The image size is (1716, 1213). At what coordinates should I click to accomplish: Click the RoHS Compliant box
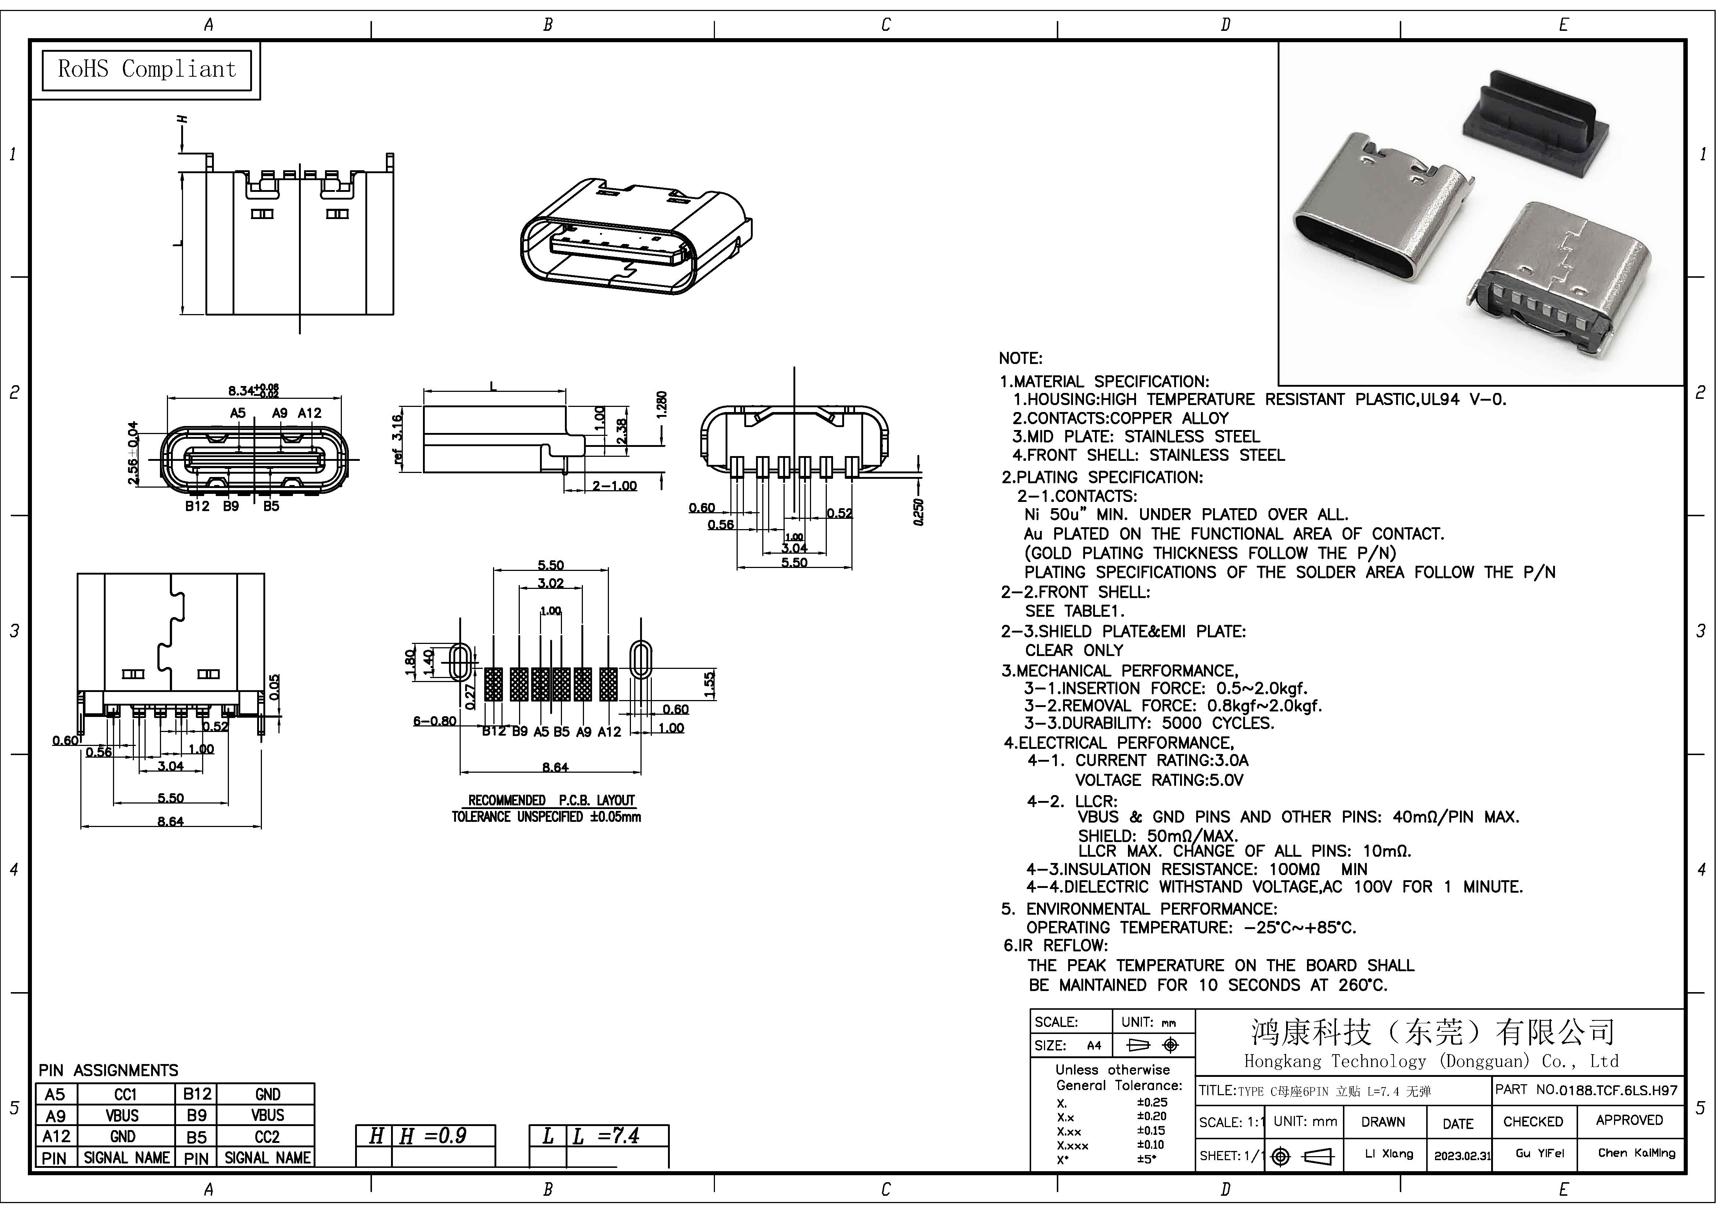[x=146, y=69]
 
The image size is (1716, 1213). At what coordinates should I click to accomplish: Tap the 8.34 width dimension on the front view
[x=253, y=390]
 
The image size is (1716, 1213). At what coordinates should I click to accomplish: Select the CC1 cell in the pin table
[x=125, y=1094]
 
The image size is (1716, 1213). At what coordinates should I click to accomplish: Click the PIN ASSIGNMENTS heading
[x=108, y=1070]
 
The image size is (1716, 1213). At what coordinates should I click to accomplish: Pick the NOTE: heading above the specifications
[x=1020, y=359]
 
